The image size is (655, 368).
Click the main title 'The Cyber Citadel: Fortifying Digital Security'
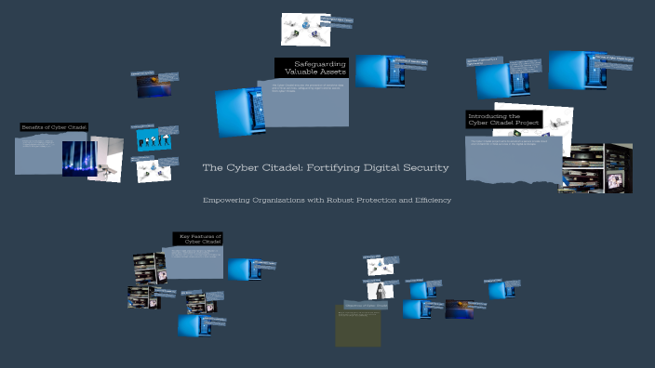tap(326, 168)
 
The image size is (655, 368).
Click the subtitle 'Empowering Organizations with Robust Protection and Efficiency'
tap(327, 201)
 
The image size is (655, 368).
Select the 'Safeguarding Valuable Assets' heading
tap(313, 67)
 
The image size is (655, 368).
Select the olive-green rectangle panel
tap(358, 326)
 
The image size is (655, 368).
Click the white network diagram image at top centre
tap(305, 31)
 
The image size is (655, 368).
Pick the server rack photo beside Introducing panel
tap(595, 167)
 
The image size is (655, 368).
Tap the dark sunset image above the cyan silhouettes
tap(154, 85)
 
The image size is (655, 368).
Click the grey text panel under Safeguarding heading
tap(309, 102)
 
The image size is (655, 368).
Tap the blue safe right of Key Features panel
tap(245, 269)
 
